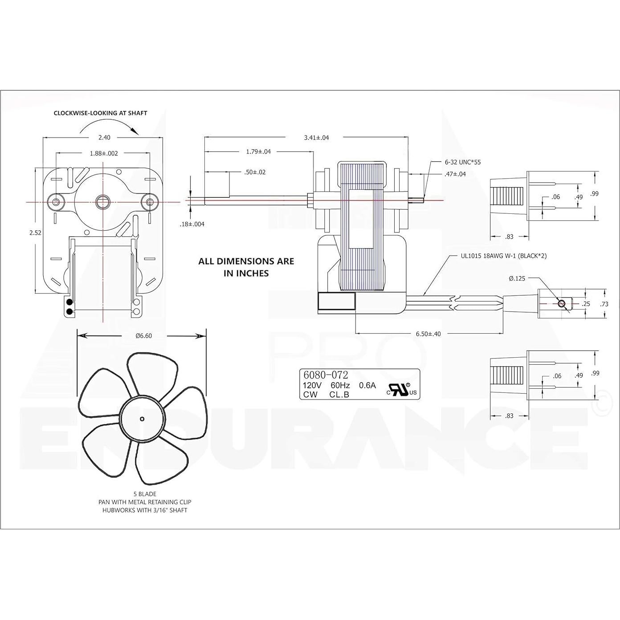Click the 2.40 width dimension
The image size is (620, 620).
point(104,138)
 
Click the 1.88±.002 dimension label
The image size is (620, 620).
point(104,153)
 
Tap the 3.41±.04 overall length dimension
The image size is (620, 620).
point(316,138)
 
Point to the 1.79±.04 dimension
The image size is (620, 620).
point(258,151)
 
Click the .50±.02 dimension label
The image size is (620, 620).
point(255,172)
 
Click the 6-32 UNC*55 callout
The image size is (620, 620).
point(463,162)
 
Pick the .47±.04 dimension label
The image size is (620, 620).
point(455,174)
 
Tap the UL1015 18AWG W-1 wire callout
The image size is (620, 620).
point(503,256)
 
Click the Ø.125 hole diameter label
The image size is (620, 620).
point(517,278)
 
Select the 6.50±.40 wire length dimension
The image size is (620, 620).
point(428,334)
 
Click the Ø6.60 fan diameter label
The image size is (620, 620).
point(143,336)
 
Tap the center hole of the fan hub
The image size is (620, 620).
point(142,418)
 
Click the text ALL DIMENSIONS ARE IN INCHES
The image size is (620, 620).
point(246,267)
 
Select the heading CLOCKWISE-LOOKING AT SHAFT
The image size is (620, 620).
point(100,113)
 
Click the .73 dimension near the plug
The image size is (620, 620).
point(604,304)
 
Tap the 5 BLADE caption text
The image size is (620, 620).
point(145,494)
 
